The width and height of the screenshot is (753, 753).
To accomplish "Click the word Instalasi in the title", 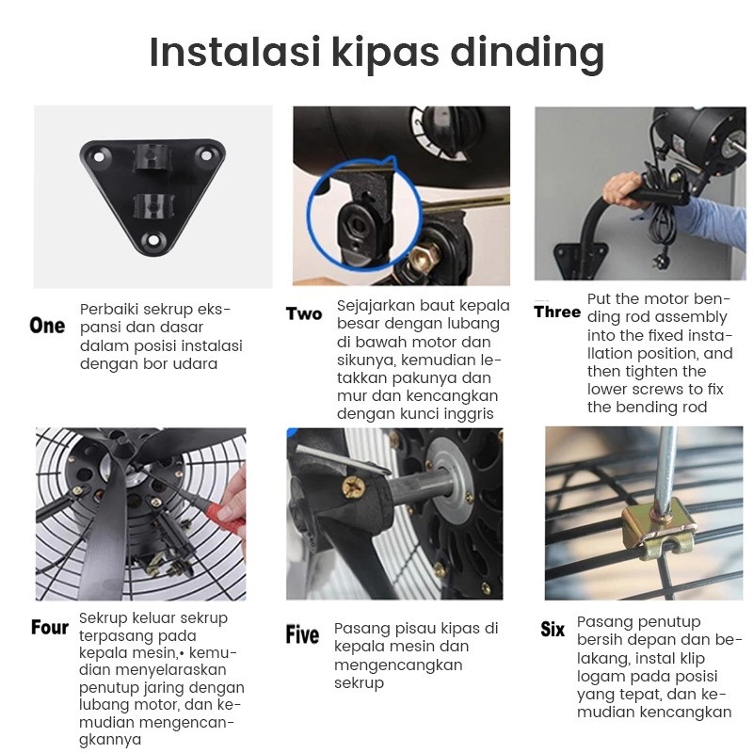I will point(231,53).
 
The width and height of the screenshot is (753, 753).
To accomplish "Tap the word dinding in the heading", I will point(526,55).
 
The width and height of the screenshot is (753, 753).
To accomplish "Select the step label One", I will point(48,326).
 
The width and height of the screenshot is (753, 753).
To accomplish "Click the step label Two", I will point(304,314).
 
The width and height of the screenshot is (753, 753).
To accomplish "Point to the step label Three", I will point(557,312).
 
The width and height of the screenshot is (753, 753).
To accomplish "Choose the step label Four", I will point(50,628).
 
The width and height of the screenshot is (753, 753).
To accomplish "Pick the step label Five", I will point(302,635).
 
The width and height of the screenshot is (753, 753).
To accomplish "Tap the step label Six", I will point(553,630).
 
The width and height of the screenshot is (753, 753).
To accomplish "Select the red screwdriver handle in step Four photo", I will point(230,517).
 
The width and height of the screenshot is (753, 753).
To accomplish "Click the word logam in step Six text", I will point(600,678).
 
